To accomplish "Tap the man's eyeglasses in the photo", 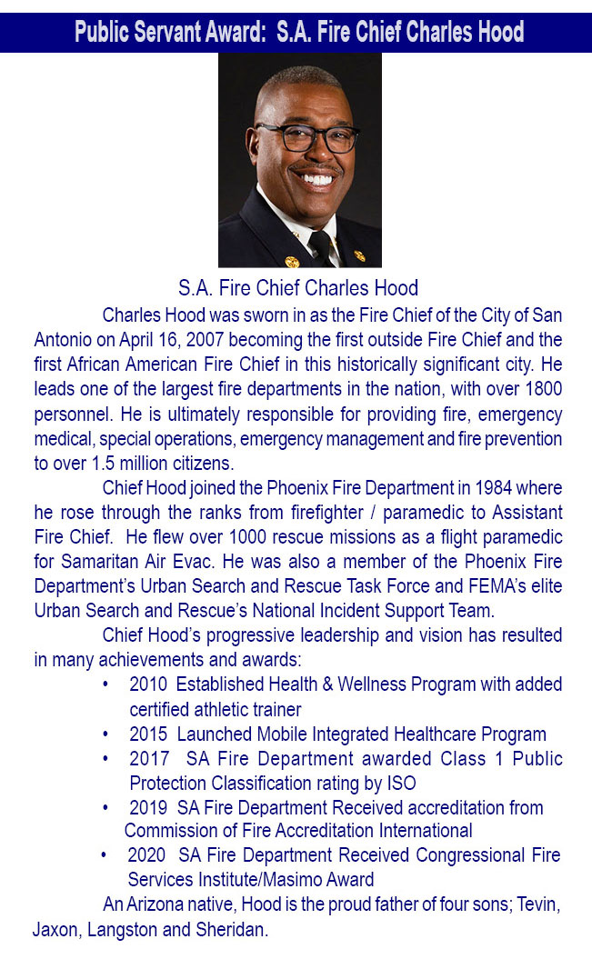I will pos(306,136).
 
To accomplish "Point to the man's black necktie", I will pos(320,245).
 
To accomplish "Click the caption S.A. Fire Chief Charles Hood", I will pos(298,289).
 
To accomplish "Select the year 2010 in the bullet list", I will pos(148,684).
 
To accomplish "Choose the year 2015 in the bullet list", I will pos(148,734).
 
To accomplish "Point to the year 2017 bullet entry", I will pos(148,758).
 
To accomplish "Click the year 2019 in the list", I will pos(148,807).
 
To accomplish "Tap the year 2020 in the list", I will pos(146,855).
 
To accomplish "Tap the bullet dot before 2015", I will pos(107,734).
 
